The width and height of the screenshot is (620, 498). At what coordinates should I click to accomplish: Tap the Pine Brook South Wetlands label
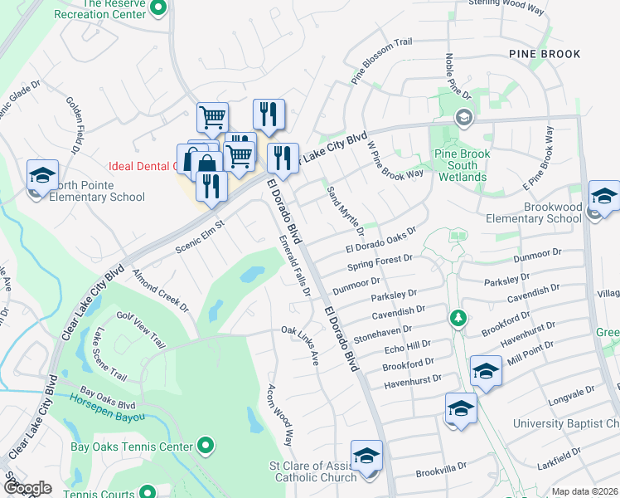click(x=463, y=166)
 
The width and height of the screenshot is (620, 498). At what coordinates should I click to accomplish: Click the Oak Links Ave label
click(x=301, y=344)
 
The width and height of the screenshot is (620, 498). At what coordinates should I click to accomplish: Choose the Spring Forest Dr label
click(x=380, y=264)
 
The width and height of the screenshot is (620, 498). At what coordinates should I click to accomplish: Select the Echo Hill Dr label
click(x=408, y=347)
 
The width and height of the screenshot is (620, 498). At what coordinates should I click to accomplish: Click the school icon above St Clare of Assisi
click(x=366, y=456)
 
